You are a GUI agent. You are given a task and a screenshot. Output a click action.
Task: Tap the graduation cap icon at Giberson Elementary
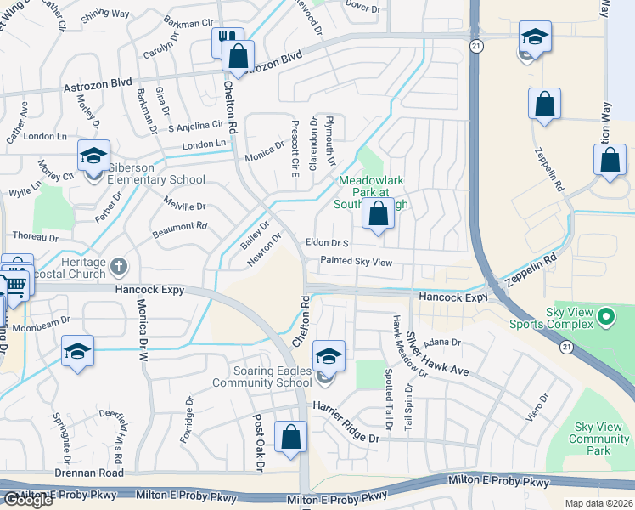point(93,156)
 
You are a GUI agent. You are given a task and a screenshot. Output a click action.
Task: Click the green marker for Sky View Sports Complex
point(605,319)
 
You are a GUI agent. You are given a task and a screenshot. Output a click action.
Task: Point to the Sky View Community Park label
point(599,439)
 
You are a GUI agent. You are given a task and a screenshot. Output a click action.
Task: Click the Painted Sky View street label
point(356,263)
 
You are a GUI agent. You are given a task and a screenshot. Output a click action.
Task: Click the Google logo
point(28,500)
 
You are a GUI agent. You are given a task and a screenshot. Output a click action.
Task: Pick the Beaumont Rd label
point(180,227)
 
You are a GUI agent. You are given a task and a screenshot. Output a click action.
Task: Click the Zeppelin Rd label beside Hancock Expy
point(531,269)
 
